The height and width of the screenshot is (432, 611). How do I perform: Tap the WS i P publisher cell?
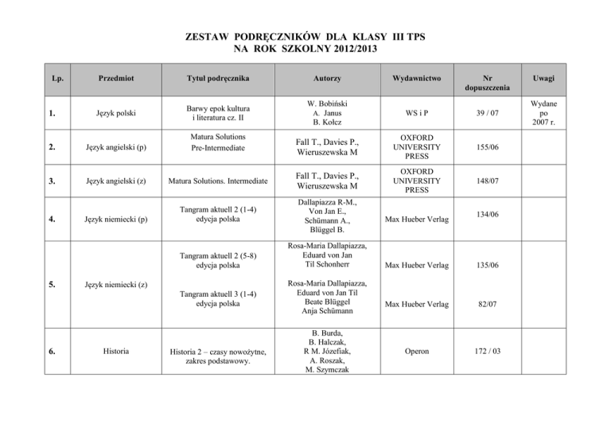click(422, 115)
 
